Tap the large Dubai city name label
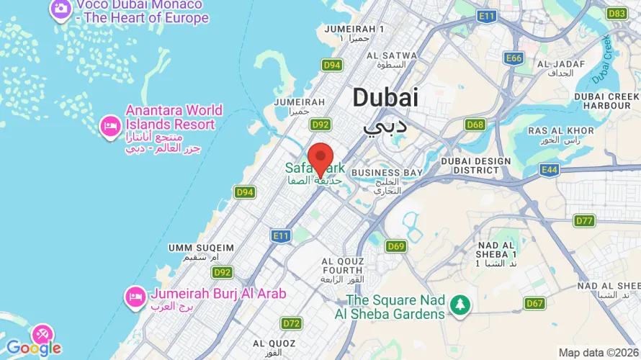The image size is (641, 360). tap(385, 98)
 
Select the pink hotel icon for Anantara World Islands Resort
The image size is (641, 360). tap(109, 125)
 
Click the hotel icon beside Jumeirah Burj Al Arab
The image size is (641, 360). tap(135, 295)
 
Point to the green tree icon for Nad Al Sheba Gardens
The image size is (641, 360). tap(460, 305)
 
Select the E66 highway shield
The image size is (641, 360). tap(513, 58)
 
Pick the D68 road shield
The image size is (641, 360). tap(475, 125)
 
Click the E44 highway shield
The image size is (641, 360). tap(550, 170)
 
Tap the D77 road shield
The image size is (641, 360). tap(584, 220)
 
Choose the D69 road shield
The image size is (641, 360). tap(395, 246)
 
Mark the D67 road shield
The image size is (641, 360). tap(534, 303)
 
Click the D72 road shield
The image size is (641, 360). tap(292, 323)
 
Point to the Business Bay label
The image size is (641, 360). tap(386, 173)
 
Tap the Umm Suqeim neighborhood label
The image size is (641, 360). tap(201, 248)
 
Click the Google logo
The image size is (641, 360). tap(33, 348)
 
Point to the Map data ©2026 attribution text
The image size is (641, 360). tap(597, 353)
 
